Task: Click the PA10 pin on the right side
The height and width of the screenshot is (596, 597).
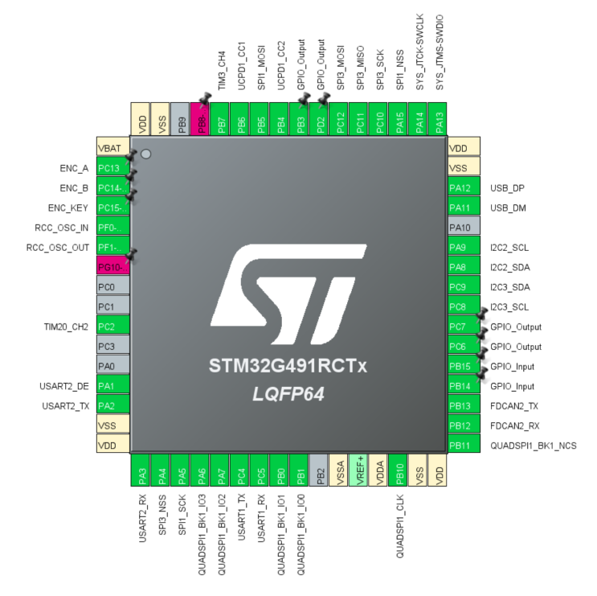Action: pyautogui.click(x=464, y=228)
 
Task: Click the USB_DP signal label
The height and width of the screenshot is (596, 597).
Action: pyautogui.click(x=508, y=188)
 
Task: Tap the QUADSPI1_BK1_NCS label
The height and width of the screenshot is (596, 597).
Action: pyautogui.click(x=533, y=446)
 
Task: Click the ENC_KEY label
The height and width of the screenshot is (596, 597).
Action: pyautogui.click(x=67, y=208)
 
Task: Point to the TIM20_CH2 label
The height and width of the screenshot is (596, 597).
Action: pyautogui.click(x=66, y=327)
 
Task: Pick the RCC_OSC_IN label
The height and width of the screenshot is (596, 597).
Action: pyautogui.click(x=61, y=228)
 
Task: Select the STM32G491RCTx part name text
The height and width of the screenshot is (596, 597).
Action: pyautogui.click(x=288, y=367)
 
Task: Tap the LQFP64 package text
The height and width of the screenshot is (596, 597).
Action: pyautogui.click(x=288, y=394)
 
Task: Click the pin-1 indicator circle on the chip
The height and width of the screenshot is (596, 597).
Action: pyautogui.click(x=146, y=154)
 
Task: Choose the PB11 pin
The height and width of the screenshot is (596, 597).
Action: pyautogui.click(x=464, y=446)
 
